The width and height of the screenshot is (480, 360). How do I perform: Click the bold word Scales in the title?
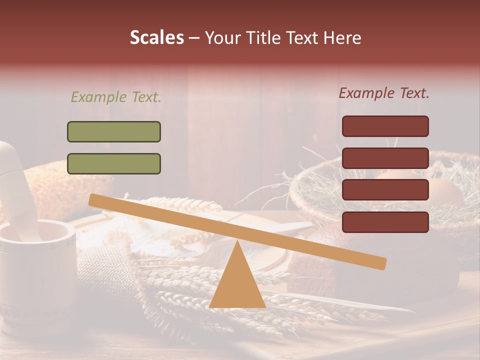coord(156,37)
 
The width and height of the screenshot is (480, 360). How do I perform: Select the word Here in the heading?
coord(342,37)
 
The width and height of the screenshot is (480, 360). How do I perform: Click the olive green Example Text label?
coord(116,97)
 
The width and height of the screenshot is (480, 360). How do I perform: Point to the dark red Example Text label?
coord(384,93)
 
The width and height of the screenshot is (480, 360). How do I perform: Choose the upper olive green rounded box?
coord(114,131)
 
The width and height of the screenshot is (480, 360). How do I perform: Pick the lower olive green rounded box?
coord(114,163)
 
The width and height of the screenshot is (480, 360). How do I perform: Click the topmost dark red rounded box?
coord(385,126)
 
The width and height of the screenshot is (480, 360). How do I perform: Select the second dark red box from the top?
coord(385,158)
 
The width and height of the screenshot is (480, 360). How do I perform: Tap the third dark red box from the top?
coord(385,190)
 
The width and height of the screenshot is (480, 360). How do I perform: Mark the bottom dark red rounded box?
coord(385,222)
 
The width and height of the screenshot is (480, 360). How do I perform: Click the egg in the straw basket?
coord(440,192)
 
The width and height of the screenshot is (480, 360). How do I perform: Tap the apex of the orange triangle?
coord(237,243)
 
